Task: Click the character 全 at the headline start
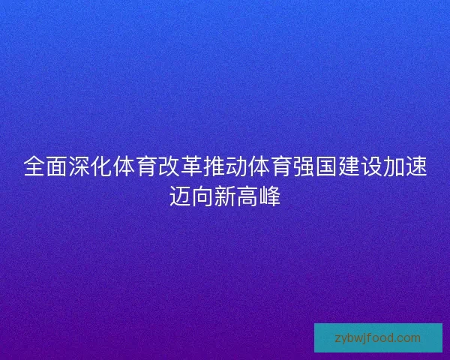click(x=34, y=166)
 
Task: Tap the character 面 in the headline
click(x=56, y=166)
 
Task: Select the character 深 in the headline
click(x=79, y=166)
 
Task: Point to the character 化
click(x=101, y=166)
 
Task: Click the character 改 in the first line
click(x=169, y=166)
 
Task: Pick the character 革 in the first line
click(x=191, y=166)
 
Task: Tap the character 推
click(x=214, y=166)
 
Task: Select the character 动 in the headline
click(x=236, y=166)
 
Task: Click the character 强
click(x=304, y=166)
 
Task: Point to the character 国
click(x=326, y=166)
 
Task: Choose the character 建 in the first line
click(x=349, y=166)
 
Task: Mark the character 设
click(x=371, y=166)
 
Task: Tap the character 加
click(x=394, y=166)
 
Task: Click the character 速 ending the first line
click(x=416, y=166)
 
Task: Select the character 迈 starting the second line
click(x=180, y=197)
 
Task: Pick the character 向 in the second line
click(x=202, y=197)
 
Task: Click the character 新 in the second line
click(x=225, y=197)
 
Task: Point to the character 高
click(x=247, y=197)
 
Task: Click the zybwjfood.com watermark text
click(x=378, y=337)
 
